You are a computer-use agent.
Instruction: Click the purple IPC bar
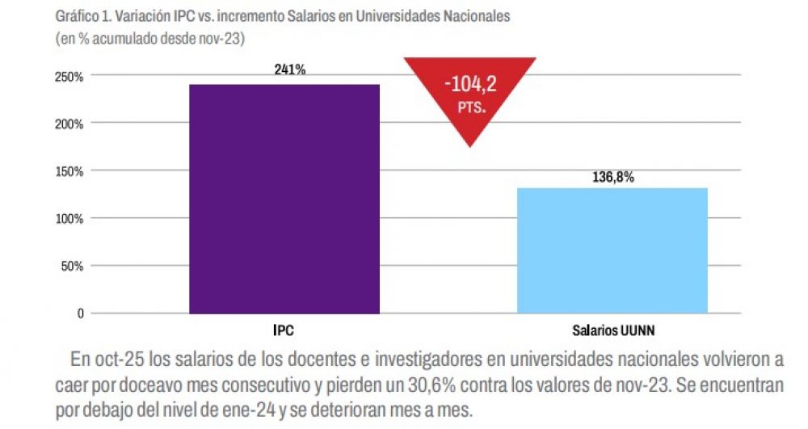tap(284, 198)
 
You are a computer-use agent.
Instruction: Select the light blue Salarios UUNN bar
tap(612, 250)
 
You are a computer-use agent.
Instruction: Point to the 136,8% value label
tap(612, 178)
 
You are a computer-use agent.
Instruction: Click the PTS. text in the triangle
tap(470, 107)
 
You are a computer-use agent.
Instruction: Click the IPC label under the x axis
tap(284, 330)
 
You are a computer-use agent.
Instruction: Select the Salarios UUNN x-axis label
tap(612, 330)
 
